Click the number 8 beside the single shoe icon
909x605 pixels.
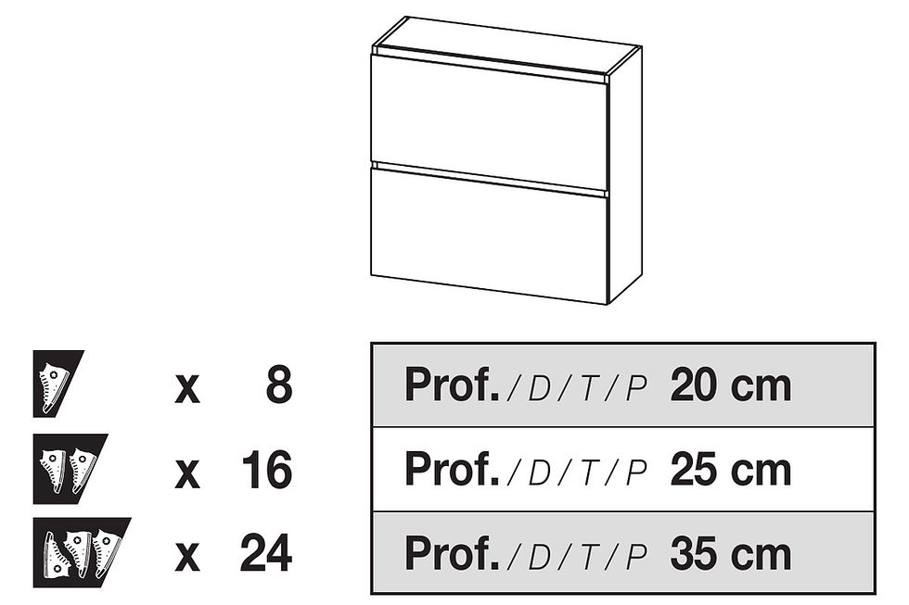[279, 385]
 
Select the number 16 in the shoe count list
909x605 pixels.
[266, 470]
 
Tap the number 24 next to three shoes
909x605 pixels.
[266, 553]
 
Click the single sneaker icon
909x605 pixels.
[58, 384]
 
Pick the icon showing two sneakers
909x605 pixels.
[70, 469]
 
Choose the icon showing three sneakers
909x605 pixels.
[82, 553]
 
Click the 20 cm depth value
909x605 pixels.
[731, 385]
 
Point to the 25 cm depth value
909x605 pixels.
[731, 470]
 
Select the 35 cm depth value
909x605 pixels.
[731, 554]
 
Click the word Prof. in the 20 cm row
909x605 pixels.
[452, 385]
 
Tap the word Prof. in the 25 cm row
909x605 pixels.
[452, 470]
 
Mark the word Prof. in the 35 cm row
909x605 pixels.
[452, 554]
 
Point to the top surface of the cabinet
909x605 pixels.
[506, 45]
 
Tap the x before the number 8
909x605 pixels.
[187, 389]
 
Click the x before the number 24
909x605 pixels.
[187, 558]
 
